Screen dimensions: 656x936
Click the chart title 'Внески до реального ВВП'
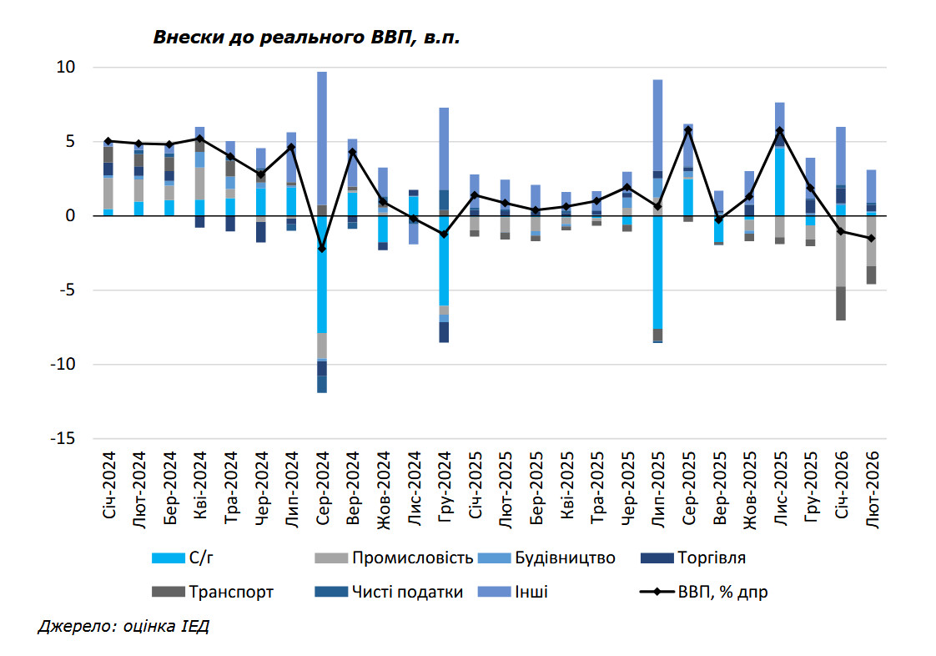(305, 38)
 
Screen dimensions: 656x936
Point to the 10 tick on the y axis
(65, 67)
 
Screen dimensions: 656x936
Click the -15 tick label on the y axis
(62, 439)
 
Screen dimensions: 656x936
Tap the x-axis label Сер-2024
(322, 487)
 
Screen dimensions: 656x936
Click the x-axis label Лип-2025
(658, 487)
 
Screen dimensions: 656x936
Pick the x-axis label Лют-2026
(871, 487)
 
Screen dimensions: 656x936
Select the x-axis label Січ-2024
(108, 486)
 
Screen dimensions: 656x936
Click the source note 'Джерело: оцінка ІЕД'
(123, 626)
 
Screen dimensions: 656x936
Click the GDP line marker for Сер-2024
(322, 249)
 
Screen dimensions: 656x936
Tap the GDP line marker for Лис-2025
(780, 130)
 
